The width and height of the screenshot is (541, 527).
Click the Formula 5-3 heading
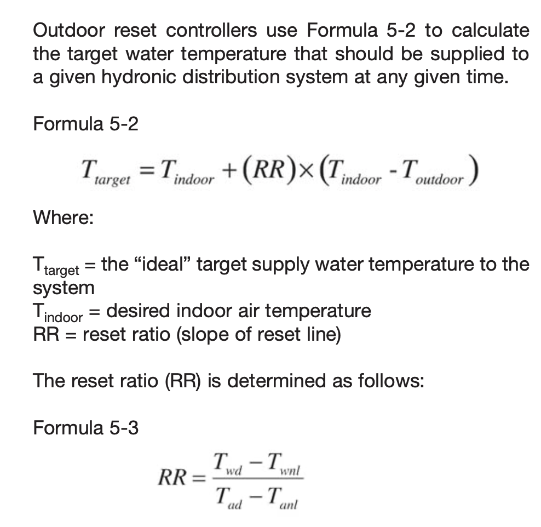tap(86, 427)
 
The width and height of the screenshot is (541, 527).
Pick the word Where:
tap(64, 217)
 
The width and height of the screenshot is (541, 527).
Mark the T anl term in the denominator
tap(281, 498)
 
